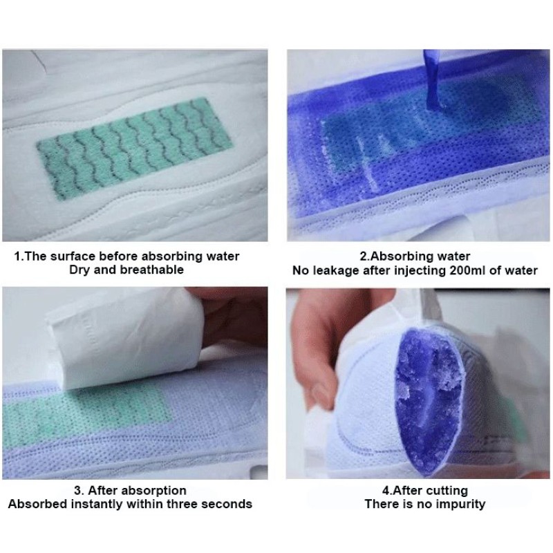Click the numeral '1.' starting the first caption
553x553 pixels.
click(19, 256)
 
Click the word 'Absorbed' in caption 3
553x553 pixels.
click(37, 503)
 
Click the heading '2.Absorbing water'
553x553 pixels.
click(414, 256)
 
